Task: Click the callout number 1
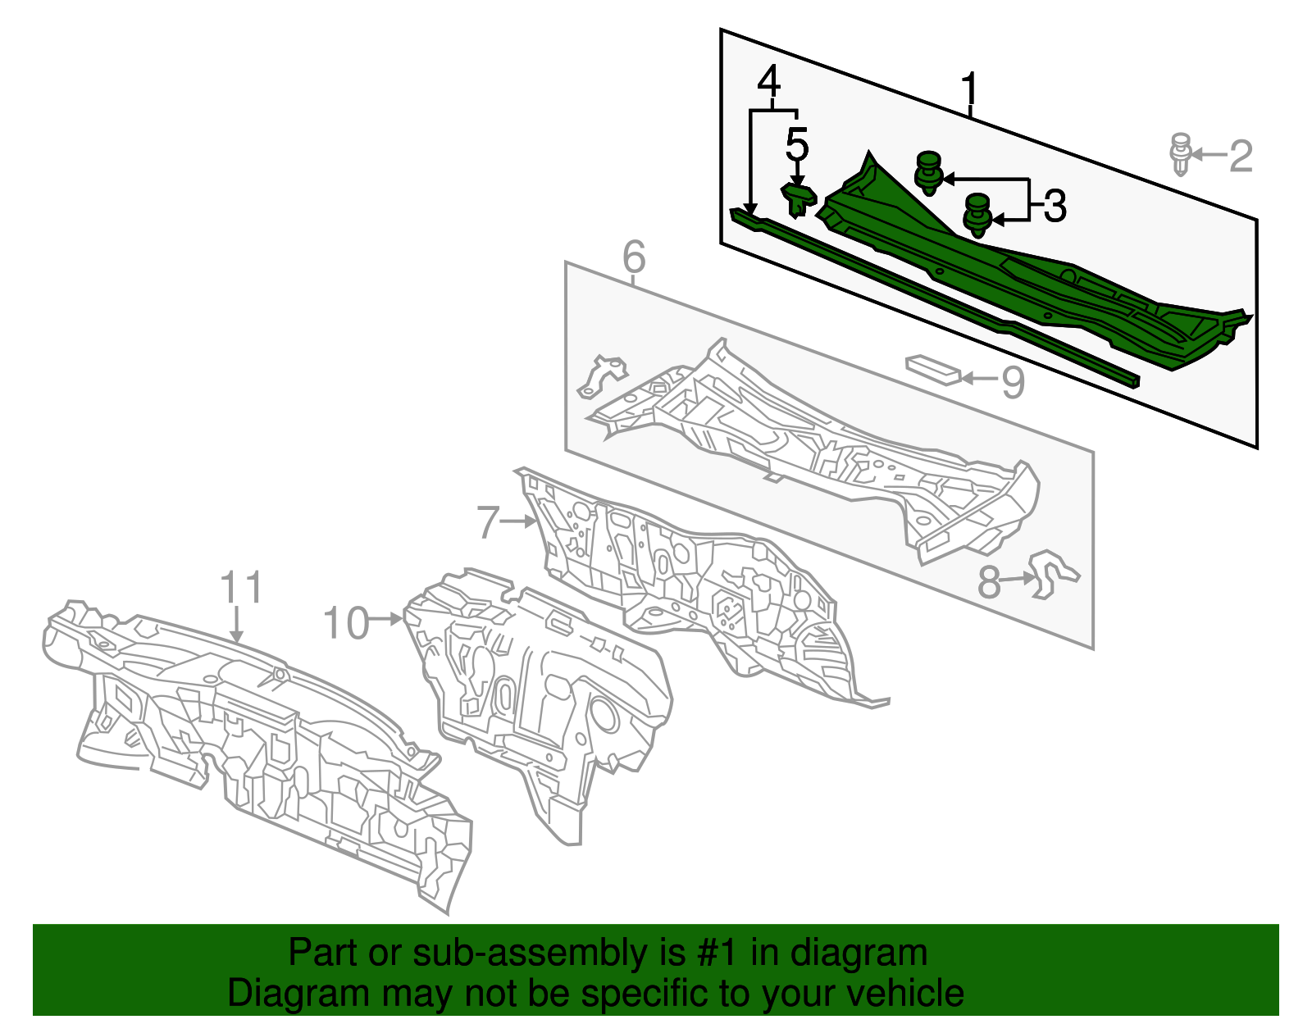click(x=969, y=89)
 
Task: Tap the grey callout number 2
click(x=1240, y=156)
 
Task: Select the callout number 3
click(x=1055, y=206)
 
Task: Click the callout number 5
click(x=797, y=145)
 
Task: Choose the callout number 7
click(x=488, y=521)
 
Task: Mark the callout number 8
click(x=989, y=582)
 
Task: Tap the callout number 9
click(x=1014, y=382)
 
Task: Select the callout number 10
click(x=346, y=622)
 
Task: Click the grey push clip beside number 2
click(x=1180, y=154)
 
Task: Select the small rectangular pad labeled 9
click(x=933, y=370)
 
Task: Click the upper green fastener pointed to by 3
click(x=929, y=173)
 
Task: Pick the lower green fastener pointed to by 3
click(x=977, y=216)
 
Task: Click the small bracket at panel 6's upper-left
click(x=601, y=376)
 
